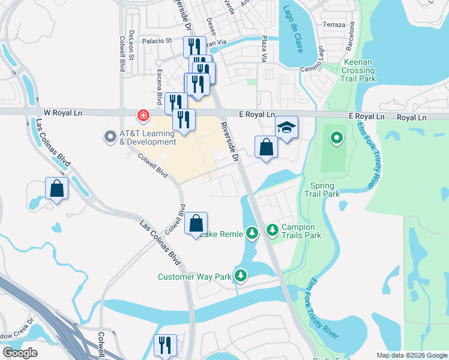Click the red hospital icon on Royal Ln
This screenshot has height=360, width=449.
[143, 114]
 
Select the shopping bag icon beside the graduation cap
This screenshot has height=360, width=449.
[266, 146]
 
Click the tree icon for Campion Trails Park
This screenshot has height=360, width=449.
[272, 229]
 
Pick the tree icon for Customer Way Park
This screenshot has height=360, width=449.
[241, 275]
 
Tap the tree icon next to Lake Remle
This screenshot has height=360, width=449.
[253, 232]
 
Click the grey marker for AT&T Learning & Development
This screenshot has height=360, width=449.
[110, 137]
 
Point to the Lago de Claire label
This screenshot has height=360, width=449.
[289, 29]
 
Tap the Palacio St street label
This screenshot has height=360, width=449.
[157, 41]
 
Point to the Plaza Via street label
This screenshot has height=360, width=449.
[264, 49]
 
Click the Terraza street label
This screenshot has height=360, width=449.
[334, 25]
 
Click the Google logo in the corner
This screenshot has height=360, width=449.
[20, 352]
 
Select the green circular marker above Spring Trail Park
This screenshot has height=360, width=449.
[337, 139]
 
